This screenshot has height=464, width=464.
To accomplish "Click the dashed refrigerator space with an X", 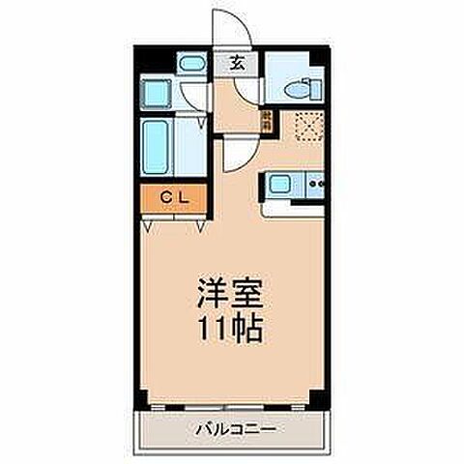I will click(x=306, y=127).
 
